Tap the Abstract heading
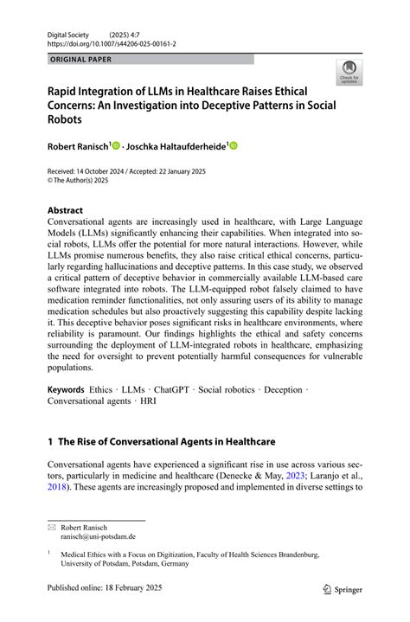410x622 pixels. click(65, 210)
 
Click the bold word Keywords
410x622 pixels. click(66, 390)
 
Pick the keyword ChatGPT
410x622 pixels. click(174, 390)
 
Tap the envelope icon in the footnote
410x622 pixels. click(52, 526)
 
